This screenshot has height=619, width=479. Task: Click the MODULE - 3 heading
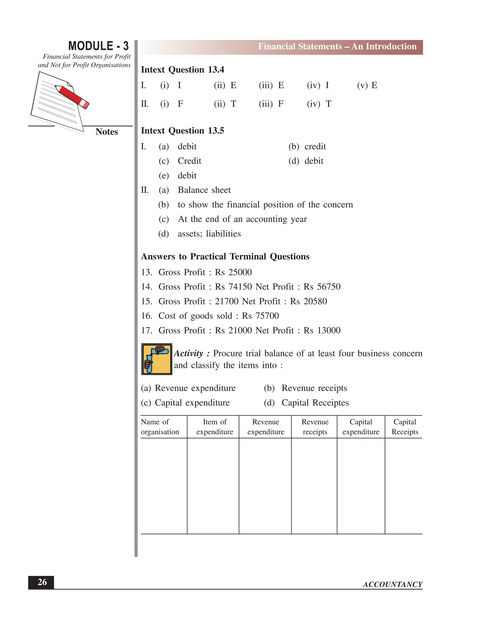(98, 46)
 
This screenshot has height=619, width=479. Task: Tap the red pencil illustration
(72, 97)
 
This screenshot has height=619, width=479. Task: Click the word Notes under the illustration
(106, 132)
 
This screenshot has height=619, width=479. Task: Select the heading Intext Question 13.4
(182, 70)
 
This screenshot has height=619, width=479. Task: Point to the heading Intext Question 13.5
(182, 131)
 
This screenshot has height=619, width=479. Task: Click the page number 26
(42, 582)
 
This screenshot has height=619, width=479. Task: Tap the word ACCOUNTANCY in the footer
(392, 584)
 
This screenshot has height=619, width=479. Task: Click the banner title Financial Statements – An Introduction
(337, 46)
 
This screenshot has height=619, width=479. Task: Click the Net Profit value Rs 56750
(322, 287)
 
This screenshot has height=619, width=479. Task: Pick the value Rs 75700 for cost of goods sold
(260, 316)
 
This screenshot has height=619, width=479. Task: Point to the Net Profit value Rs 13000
(322, 331)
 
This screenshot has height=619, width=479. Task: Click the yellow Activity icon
(157, 359)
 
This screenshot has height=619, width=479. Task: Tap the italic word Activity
(189, 353)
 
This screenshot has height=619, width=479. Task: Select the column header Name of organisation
(160, 427)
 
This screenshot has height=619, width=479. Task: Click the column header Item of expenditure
(214, 427)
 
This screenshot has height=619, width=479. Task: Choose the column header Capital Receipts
(405, 427)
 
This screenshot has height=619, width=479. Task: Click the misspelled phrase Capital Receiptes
(315, 403)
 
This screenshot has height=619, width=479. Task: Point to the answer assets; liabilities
(209, 234)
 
